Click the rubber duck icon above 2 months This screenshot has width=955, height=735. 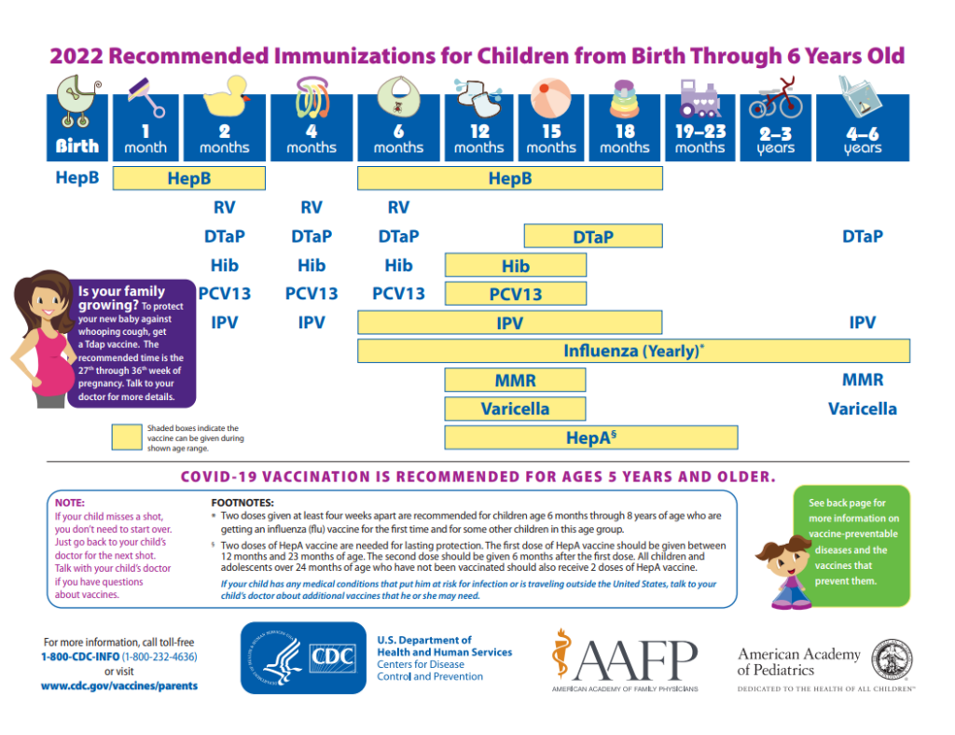(224, 95)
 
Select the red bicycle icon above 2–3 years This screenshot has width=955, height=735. (775, 98)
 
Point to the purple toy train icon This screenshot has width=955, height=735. (699, 96)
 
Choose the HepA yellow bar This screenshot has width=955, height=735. (591, 437)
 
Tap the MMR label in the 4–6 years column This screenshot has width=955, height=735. (863, 380)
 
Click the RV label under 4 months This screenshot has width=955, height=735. (311, 207)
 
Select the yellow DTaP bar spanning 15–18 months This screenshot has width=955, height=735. (593, 237)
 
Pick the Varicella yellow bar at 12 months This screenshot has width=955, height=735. (515, 409)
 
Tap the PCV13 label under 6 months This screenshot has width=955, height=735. (398, 294)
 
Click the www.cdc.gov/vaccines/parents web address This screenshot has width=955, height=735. (118, 686)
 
